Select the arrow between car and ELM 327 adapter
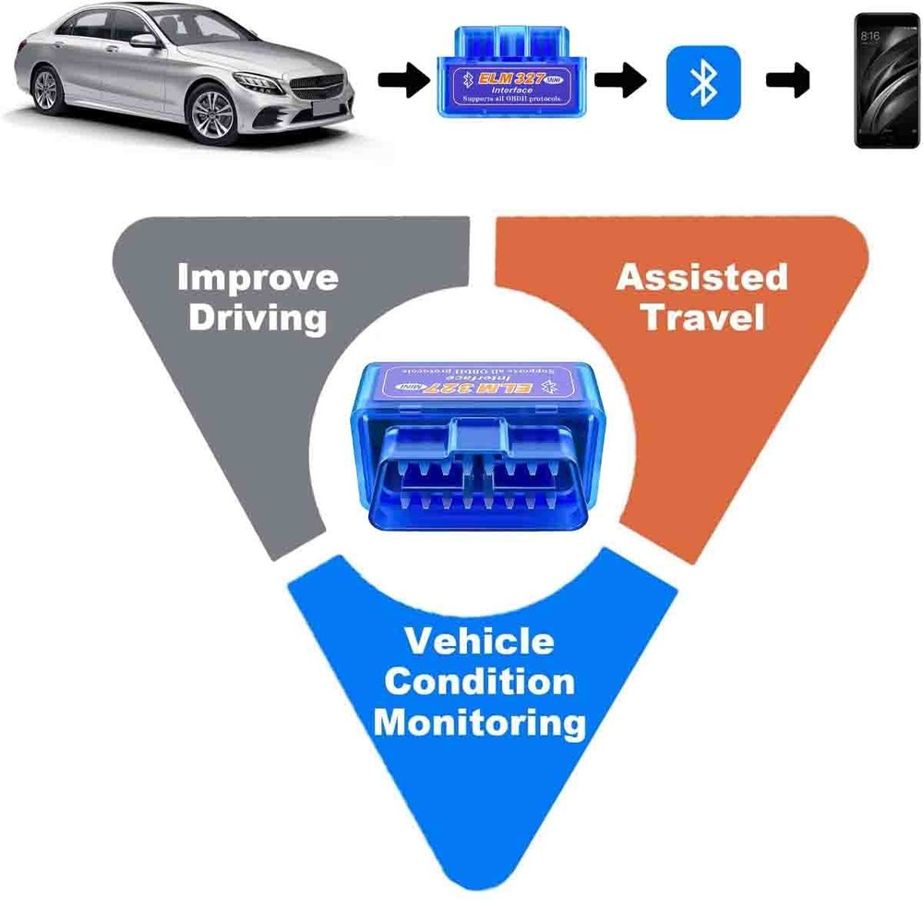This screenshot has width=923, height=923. click(403, 81)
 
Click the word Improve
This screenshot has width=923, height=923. click(258, 277)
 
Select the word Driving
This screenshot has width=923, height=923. click(258, 318)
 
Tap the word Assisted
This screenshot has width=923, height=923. click(701, 277)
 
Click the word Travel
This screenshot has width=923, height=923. click(703, 318)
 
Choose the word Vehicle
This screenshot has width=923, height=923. click(479, 641)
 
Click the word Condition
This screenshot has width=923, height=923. click(479, 682)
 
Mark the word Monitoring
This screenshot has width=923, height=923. click(479, 723)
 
